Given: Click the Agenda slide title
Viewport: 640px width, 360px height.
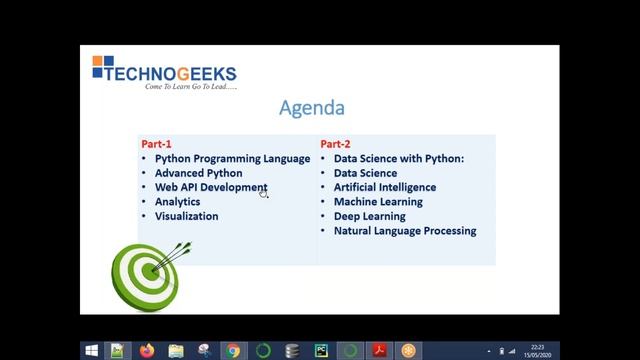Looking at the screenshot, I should [312, 108].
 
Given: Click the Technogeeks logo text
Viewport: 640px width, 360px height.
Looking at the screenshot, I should [176, 73].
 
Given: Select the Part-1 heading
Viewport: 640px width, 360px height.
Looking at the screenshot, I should [156, 144].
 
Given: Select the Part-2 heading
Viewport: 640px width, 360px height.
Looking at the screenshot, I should [335, 144].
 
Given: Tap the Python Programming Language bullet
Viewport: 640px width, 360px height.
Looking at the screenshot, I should [232, 158].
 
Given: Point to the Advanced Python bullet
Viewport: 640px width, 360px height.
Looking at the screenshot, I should [198, 173].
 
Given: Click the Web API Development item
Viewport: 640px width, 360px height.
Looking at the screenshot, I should [210, 187].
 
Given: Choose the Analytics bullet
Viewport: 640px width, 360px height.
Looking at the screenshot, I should [177, 202].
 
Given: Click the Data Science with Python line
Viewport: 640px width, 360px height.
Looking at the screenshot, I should [399, 158].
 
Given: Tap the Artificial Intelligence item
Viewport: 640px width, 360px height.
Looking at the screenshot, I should [384, 187].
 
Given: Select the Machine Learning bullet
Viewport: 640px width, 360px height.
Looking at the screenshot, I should [378, 202].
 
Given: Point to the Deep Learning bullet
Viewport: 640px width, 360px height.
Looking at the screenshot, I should [369, 216].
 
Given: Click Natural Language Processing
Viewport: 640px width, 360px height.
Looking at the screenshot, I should [404, 231].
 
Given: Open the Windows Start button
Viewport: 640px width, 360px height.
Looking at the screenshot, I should [92, 351].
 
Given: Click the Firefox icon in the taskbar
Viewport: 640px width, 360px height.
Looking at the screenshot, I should [147, 351].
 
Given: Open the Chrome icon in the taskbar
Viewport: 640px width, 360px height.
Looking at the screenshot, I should [234, 351].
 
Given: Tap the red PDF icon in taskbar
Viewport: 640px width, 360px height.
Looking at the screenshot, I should [379, 351].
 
